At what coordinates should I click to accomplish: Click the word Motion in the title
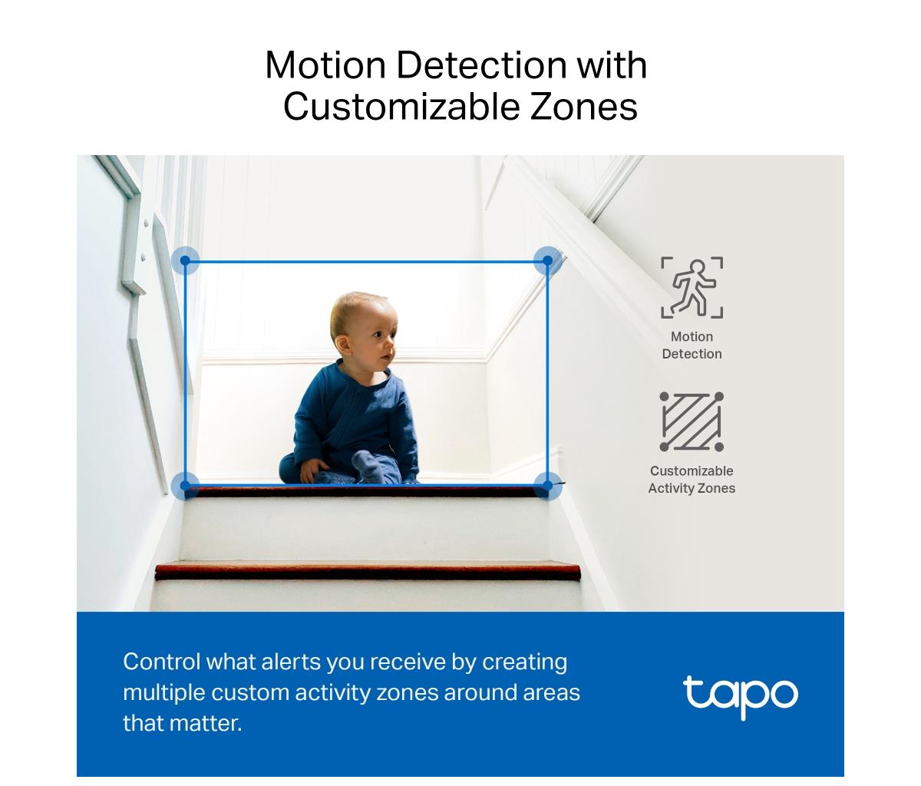[325, 65]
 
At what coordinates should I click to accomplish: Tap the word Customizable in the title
[401, 107]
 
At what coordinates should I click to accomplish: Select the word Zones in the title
[584, 107]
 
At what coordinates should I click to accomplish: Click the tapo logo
[741, 696]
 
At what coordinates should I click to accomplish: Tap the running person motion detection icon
[692, 287]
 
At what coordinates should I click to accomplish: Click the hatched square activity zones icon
[692, 421]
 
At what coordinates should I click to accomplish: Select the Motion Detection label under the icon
[692, 345]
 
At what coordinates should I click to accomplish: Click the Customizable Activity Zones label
[692, 480]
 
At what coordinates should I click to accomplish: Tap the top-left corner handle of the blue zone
[186, 261]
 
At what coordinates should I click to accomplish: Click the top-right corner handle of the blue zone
[547, 261]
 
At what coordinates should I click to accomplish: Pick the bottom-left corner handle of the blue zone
[186, 486]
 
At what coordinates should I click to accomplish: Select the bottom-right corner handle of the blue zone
[547, 486]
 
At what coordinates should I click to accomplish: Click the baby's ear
[343, 345]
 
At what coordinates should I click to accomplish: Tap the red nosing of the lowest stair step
[368, 571]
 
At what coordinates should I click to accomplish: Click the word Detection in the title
[481, 65]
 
